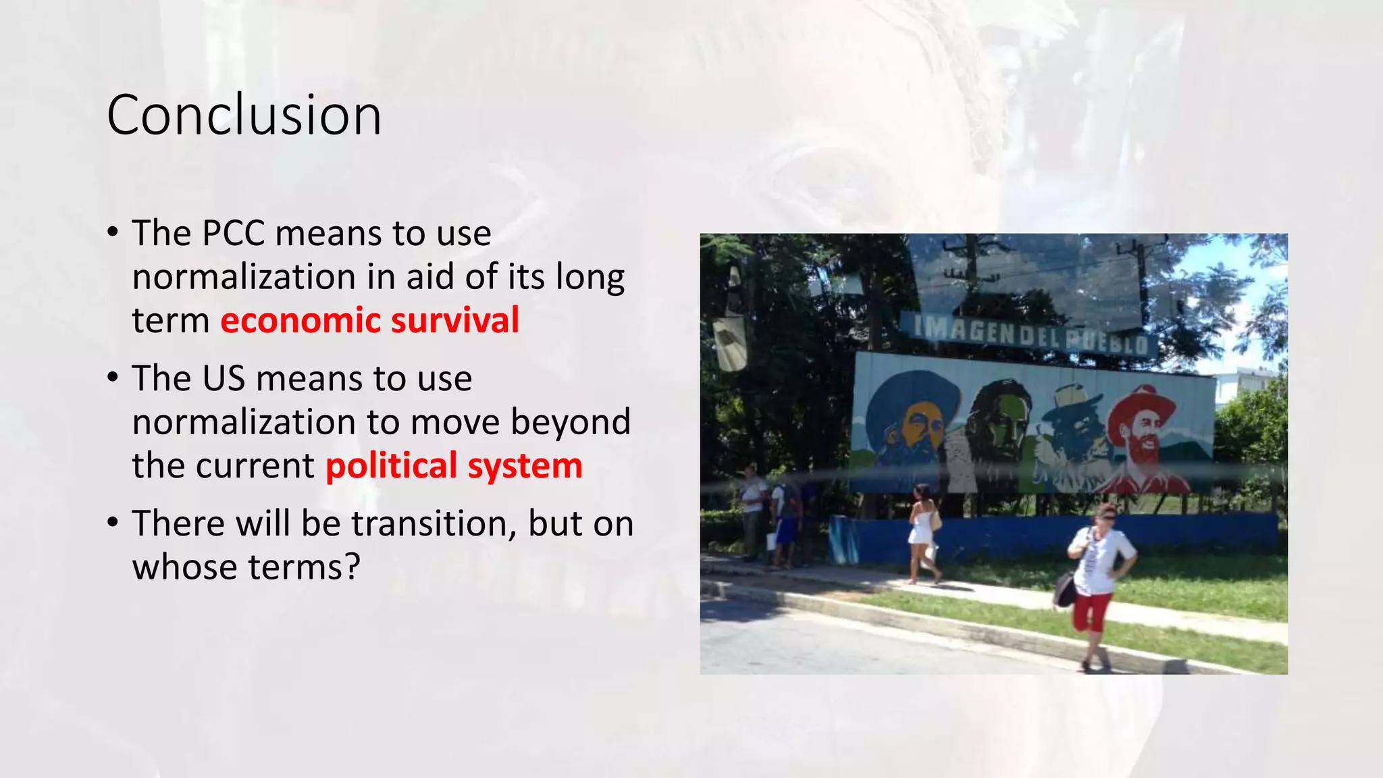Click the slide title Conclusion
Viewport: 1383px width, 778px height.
tap(244, 115)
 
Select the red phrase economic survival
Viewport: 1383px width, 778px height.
tap(369, 321)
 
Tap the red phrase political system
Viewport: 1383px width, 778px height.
tap(454, 466)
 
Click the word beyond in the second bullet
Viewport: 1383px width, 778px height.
tap(571, 423)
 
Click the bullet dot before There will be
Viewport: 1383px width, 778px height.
tap(113, 523)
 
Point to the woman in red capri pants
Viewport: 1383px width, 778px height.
tap(1097, 581)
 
